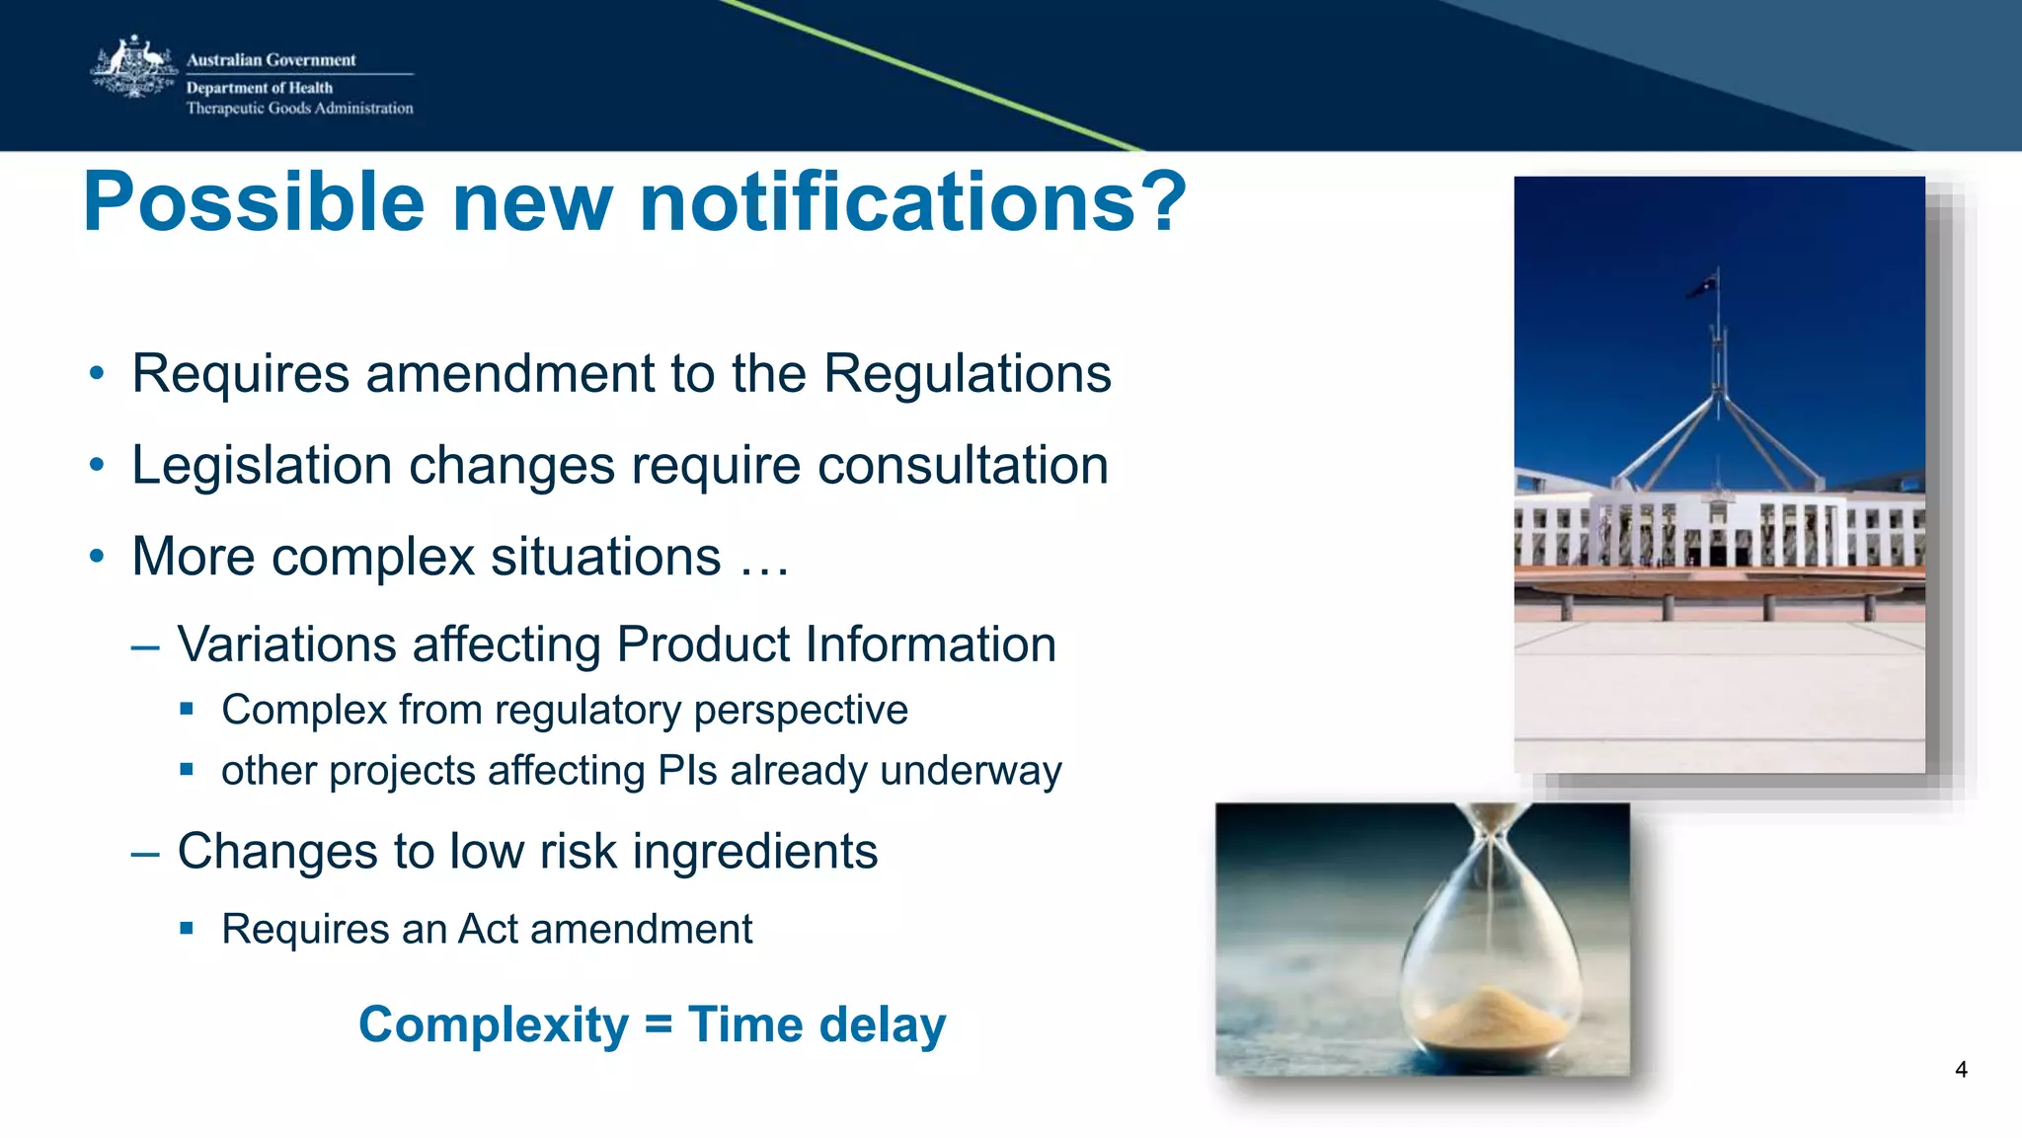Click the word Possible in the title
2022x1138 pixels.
pyautogui.click(x=255, y=202)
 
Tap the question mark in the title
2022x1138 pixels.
pyautogui.click(x=1162, y=202)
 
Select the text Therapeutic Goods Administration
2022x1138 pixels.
pyautogui.click(x=299, y=109)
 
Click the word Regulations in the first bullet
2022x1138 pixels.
pyautogui.click(x=967, y=374)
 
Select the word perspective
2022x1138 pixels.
pyautogui.click(x=801, y=711)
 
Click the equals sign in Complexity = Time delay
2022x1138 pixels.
pyautogui.click(x=658, y=1024)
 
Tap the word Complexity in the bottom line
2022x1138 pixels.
pyautogui.click(x=493, y=1024)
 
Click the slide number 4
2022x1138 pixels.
pyautogui.click(x=1961, y=1070)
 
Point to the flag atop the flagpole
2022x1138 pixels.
pyautogui.click(x=1702, y=286)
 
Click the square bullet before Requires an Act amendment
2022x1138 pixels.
pyautogui.click(x=187, y=929)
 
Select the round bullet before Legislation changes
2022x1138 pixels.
pyautogui.click(x=96, y=465)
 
